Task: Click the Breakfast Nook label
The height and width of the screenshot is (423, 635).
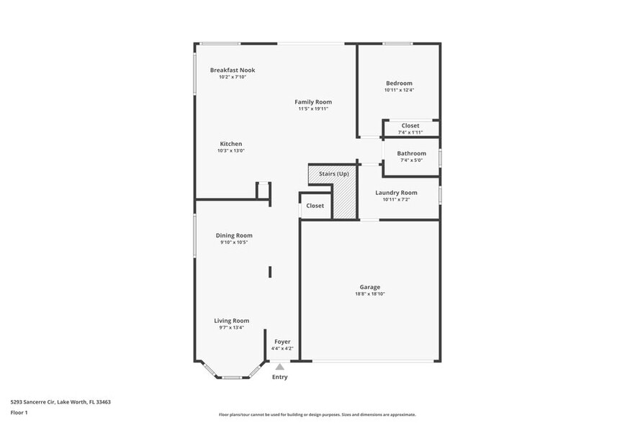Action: pos(233,70)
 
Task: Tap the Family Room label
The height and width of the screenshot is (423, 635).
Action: pos(313,102)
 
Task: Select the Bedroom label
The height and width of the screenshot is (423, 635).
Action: pos(399,83)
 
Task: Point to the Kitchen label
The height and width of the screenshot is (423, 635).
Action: pos(231,144)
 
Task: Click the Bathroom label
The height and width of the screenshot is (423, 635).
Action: pos(411,153)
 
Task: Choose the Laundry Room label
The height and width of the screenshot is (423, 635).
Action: pos(396,193)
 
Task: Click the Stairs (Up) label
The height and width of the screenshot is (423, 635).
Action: pos(334,174)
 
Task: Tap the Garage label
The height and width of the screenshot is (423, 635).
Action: pos(370,287)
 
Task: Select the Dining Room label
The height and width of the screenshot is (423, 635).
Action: pos(234,235)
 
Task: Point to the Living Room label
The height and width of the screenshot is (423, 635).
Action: pos(231,321)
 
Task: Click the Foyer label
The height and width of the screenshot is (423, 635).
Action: pos(282,342)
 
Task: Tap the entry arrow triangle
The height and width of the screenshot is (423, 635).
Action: pos(279,367)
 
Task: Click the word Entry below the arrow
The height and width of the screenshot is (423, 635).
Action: pos(279,377)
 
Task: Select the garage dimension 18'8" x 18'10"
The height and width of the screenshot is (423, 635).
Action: pos(370,294)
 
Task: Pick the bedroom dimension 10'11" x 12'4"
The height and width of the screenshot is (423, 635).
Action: pos(399,91)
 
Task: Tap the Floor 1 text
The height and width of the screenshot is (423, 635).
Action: pos(19,412)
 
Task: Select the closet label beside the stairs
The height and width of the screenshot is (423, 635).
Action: pos(315,206)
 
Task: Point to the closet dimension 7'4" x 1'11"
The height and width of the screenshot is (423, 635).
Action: pos(410,132)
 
